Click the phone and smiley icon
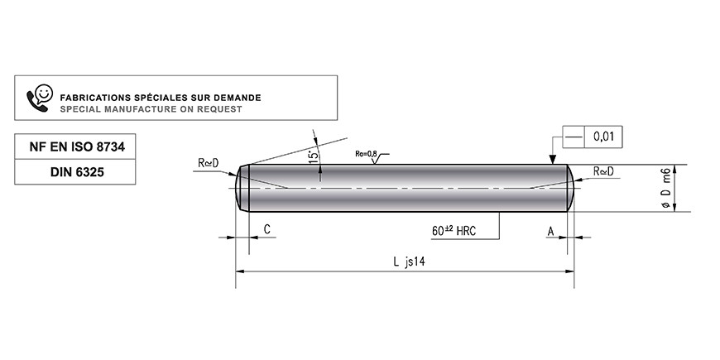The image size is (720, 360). tap(40, 98)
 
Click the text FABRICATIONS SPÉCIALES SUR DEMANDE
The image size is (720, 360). tap(161, 98)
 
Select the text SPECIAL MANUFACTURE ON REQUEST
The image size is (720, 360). tap(151, 109)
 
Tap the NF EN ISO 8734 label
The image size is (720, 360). tap(77, 147)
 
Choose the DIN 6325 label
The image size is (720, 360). tap(77, 172)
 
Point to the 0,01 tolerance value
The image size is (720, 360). tap(604, 137)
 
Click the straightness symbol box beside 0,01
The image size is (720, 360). tap(574, 137)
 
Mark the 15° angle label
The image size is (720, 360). tap(314, 156)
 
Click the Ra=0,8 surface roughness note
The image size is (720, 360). tap(366, 154)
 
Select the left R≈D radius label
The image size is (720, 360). tap(209, 162)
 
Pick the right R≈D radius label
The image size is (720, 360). tap(603, 171)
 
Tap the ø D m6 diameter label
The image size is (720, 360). tap(667, 188)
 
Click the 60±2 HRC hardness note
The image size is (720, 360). tap(454, 231)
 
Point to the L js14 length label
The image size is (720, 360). tap(409, 262)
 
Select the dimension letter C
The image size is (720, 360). tap(267, 229)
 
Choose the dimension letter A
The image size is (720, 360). tap(550, 232)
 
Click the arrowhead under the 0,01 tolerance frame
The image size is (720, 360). tap(553, 160)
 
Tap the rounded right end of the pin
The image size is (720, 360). tap(571, 188)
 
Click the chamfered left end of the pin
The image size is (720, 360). tap(242, 188)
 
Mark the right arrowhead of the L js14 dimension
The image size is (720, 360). tap(570, 271)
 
